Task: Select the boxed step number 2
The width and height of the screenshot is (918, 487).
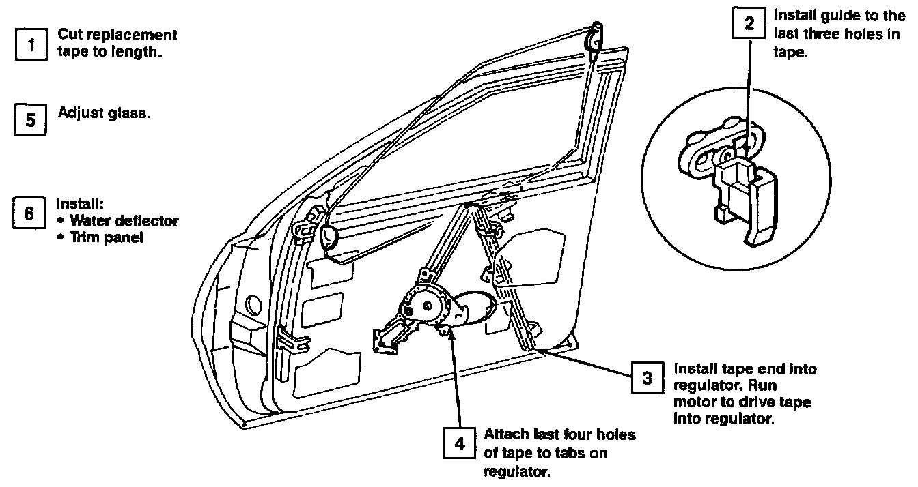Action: pos(749,25)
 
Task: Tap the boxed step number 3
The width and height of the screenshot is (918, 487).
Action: pos(646,379)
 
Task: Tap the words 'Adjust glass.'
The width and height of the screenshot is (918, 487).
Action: pos(104,113)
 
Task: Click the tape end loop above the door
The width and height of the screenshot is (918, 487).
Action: pos(595,38)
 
